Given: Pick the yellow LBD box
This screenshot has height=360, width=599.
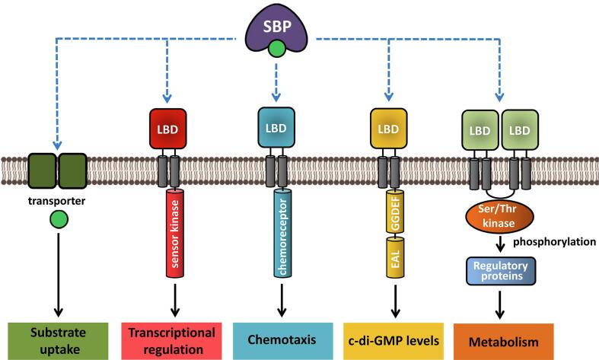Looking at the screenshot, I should [387, 126].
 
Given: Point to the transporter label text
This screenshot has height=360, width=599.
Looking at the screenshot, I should [55, 202].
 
